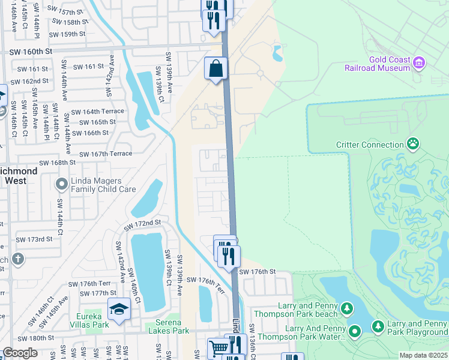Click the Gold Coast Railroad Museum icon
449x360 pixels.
(419, 62)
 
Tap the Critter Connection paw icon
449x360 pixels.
(413, 144)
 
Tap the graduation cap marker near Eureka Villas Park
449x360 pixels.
(119, 310)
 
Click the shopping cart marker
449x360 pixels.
(218, 348)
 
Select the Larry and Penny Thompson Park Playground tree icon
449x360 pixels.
(378, 326)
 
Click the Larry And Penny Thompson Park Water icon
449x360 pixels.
(355, 331)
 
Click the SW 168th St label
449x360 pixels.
(58, 163)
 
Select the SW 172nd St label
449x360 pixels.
(143, 223)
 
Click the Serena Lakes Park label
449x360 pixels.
(169, 331)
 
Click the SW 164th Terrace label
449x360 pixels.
(98, 112)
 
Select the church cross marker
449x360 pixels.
(18, 259)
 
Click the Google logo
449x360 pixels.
(20, 353)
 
